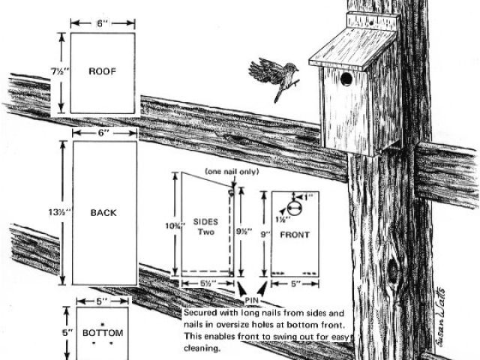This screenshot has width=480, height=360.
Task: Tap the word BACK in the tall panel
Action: (x=103, y=213)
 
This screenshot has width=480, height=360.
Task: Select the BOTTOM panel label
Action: (x=102, y=332)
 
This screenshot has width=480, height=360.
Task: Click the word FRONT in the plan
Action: (x=295, y=235)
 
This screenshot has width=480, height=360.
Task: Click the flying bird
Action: (x=275, y=76)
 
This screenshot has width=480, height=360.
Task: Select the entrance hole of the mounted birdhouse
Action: (x=346, y=79)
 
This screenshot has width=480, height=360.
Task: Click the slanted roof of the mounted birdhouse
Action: (x=352, y=46)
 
